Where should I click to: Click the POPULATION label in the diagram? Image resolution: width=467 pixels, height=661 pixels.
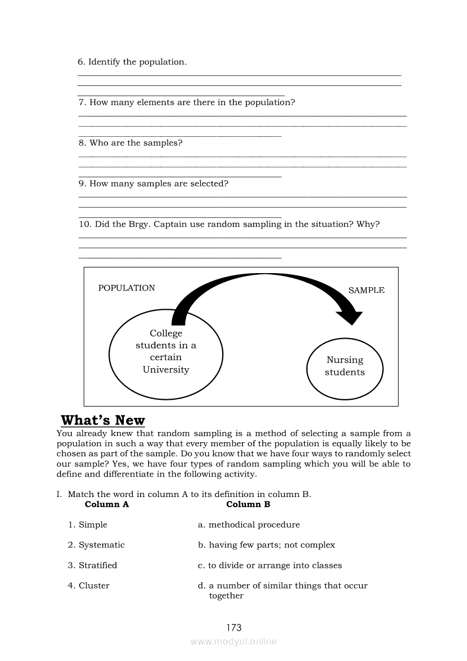pos(127,288)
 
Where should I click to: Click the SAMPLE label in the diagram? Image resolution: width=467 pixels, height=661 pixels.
pos(366,291)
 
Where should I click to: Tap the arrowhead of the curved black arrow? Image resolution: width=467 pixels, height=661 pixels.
pos(351,317)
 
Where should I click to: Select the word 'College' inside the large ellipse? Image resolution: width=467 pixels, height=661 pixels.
pos(166,334)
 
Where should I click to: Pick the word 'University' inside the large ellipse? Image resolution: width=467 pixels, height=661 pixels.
pos(166,370)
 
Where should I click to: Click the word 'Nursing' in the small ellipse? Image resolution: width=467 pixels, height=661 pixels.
pos(345,360)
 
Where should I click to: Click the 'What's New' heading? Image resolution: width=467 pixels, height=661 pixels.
pos(103,421)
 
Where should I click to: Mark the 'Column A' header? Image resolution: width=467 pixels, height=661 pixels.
pos(107,504)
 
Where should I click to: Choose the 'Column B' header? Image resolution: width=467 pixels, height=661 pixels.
pos(248,504)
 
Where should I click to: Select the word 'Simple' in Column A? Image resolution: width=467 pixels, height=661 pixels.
pos(93,525)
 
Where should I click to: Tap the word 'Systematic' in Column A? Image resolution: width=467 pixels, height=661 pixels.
pos(102,545)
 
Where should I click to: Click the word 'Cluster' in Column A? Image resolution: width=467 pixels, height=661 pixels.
pos(94,586)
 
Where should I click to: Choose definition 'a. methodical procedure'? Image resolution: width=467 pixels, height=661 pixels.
pos(249,525)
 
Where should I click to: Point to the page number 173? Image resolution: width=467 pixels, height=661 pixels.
pos(233,627)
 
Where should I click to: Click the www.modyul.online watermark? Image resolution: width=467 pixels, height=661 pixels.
pos(233,642)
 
